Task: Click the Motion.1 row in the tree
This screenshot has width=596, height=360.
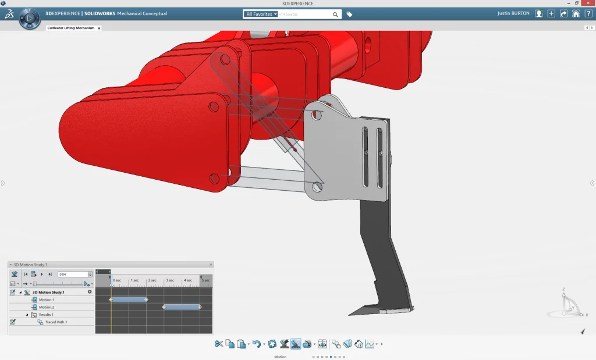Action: click(x=46, y=300)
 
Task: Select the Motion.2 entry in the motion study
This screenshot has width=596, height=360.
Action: click(x=46, y=307)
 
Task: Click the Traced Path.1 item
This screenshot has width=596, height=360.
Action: click(x=56, y=322)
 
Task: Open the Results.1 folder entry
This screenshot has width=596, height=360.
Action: click(x=46, y=315)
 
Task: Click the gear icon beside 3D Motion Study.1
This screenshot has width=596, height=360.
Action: click(x=90, y=292)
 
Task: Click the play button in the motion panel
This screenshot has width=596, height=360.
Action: click(x=41, y=274)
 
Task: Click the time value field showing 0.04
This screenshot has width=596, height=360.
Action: click(x=72, y=274)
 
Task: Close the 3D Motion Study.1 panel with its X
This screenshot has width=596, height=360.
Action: click(x=211, y=265)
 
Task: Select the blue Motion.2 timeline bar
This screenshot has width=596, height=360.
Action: click(x=182, y=307)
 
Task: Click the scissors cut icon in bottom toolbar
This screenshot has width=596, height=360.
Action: click(x=219, y=344)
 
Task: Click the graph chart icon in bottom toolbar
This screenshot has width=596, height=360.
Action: click(x=370, y=344)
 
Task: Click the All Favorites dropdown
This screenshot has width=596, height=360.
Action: click(x=261, y=14)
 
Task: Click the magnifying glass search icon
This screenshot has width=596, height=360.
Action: click(x=336, y=14)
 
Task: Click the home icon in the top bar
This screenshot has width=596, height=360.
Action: click(x=576, y=14)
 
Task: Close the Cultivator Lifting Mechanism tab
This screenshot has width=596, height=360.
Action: click(x=99, y=28)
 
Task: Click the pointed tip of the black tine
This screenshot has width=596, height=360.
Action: click(x=350, y=315)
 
